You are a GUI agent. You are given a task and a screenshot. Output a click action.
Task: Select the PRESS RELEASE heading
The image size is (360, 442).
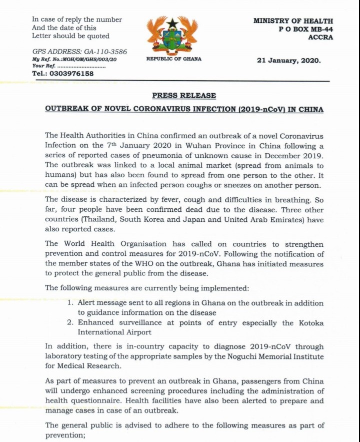point(184,95)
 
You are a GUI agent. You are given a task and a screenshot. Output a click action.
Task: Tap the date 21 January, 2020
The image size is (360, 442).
point(288,61)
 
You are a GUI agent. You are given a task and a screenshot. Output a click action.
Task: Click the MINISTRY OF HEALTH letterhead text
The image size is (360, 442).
point(293,21)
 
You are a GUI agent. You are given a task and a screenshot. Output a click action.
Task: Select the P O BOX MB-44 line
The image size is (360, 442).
point(305,29)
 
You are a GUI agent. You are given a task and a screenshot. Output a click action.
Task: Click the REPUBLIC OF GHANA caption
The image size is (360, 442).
point(173,59)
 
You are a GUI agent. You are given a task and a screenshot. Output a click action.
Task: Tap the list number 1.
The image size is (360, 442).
point(70,303)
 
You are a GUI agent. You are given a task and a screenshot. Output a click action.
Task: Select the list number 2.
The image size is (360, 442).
point(70,322)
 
